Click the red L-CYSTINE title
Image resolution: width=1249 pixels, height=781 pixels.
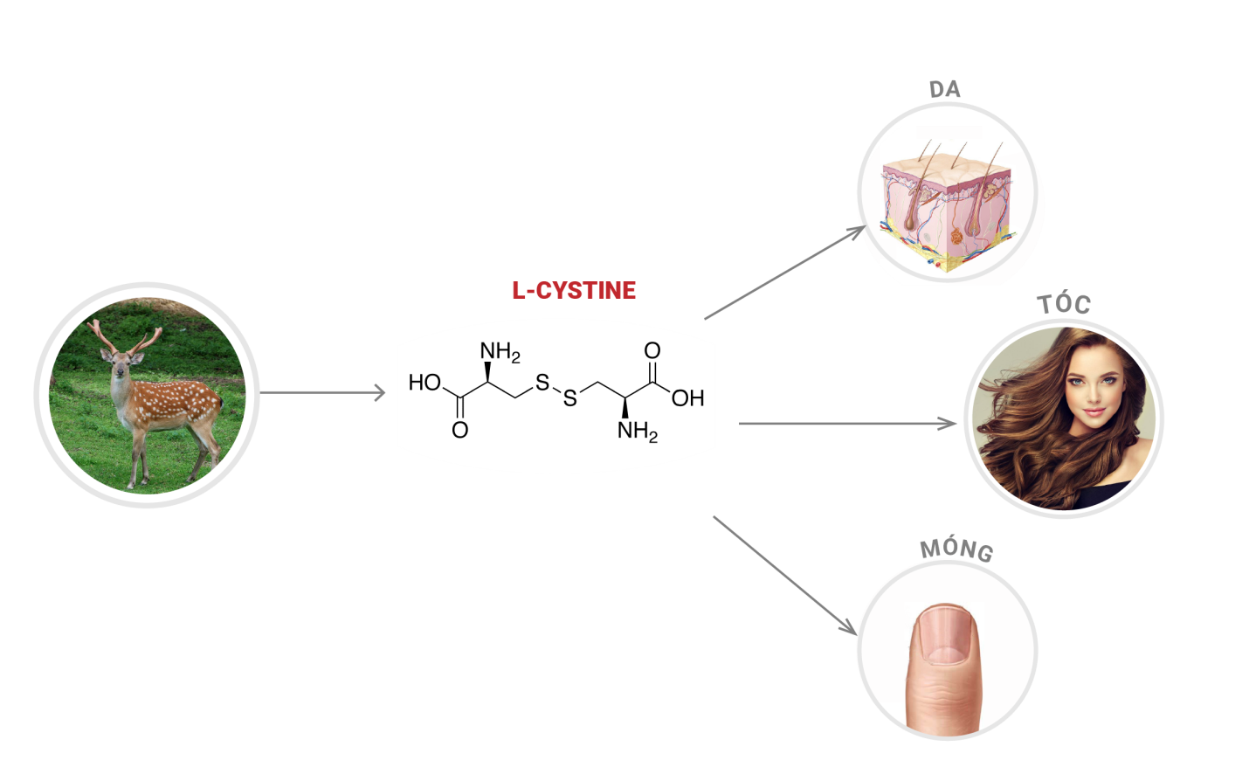pos(574,290)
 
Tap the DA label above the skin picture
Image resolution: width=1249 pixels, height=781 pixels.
pos(944,89)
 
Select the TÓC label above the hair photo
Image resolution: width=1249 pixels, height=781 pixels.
pos(1064,304)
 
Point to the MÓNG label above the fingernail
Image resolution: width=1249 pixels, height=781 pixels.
pos(956,549)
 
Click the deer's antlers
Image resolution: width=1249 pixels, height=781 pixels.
pos(126,336)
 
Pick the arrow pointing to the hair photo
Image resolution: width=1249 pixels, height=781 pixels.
pos(847,424)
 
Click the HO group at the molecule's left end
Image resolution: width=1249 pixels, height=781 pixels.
pos(424,383)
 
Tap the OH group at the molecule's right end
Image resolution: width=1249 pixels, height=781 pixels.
pos(687,398)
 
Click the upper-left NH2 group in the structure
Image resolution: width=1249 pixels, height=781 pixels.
pos(500,351)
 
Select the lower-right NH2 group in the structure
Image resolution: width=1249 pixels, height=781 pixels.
pos(637,431)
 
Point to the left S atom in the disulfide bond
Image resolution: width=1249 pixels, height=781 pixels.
pos(542,382)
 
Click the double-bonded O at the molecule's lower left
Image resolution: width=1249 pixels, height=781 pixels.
pos(459,430)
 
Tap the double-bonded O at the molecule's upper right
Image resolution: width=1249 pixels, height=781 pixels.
pos(652,350)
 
